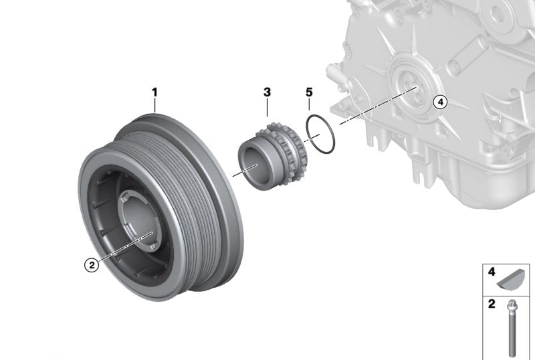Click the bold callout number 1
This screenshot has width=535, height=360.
pyautogui.click(x=154, y=92)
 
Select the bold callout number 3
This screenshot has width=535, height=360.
pyautogui.click(x=267, y=92)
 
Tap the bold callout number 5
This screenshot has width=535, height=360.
pyautogui.click(x=309, y=92)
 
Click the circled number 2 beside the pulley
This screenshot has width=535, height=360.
pyautogui.click(x=92, y=264)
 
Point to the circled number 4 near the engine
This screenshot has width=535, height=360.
pyautogui.click(x=440, y=102)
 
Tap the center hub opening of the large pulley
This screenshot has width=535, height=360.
pyautogui.click(x=136, y=219)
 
